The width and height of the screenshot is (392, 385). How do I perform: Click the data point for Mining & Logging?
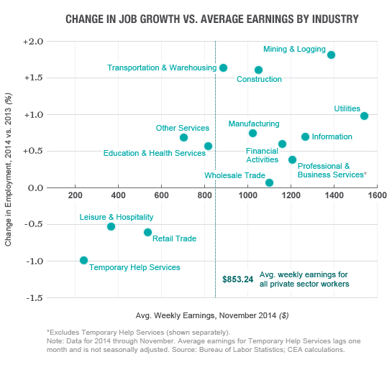(x=331, y=55)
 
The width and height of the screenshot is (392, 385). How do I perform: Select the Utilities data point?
(x=364, y=116)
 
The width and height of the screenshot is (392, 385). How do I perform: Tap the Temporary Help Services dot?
(x=83, y=260)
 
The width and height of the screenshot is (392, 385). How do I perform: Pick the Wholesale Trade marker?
(x=269, y=182)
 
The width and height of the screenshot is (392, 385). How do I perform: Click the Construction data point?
(x=258, y=70)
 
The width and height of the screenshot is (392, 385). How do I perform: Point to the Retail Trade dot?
(x=147, y=232)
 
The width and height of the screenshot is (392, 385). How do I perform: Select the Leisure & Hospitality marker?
(x=111, y=226)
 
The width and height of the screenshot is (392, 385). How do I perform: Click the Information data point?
(x=305, y=136)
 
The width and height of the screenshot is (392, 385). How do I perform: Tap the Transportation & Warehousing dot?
(x=223, y=68)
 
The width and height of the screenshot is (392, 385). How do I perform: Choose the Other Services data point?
(x=183, y=137)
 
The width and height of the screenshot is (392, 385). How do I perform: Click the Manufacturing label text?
(x=253, y=124)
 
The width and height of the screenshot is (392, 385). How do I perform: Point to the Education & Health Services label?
(x=154, y=153)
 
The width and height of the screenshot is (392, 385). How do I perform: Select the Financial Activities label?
(x=262, y=155)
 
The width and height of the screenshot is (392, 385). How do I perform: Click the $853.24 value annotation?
(x=237, y=279)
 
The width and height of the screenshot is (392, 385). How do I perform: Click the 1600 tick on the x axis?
(x=378, y=195)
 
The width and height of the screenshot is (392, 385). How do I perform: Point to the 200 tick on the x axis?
(x=74, y=195)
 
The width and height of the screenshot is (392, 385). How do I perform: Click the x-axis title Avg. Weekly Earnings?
(x=211, y=315)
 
